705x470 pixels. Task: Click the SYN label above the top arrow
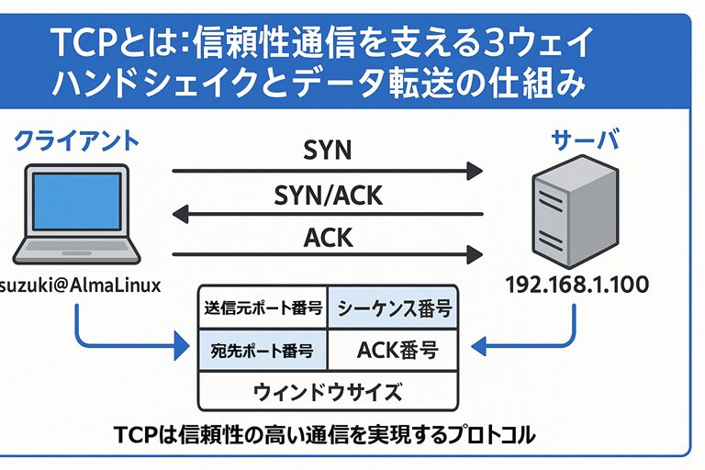[328, 150]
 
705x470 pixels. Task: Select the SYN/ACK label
[328, 195]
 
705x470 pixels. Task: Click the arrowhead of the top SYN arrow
[475, 170]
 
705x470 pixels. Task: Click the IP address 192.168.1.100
[576, 285]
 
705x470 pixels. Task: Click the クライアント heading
[77, 140]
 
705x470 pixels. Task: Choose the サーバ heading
[584, 140]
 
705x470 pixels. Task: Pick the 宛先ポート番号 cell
[263, 351]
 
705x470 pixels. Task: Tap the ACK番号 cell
[394, 351]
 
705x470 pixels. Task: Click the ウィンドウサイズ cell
[328, 392]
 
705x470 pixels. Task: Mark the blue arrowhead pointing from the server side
[476, 348]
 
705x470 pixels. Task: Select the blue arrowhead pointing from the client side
[179, 348]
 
